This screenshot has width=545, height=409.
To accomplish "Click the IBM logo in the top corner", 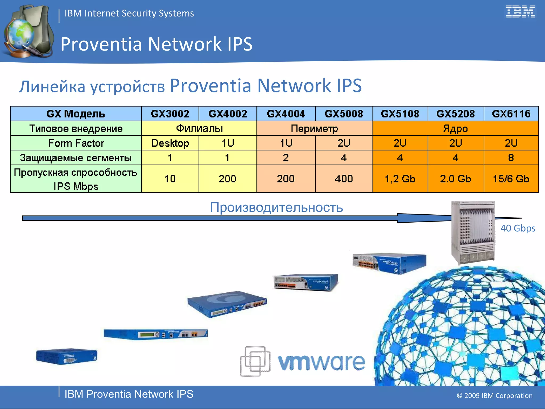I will coord(520,12).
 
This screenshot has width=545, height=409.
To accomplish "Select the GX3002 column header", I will coord(170,114).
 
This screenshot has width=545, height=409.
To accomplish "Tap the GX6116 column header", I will coord(511,114).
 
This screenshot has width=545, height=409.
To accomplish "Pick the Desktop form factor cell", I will coord(170,143).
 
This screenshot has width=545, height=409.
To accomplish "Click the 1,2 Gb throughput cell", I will coord(400,179).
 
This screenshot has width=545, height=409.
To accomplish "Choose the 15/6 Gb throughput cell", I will coord(511,179).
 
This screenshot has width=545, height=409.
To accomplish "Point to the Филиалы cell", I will coord(199,129).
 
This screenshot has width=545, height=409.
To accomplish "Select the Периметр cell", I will coord(314,129).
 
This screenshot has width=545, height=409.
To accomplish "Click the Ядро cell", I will coord(455,129).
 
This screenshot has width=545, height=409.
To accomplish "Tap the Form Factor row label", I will coord(76,143).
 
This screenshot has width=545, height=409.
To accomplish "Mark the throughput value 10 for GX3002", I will coord(170,179).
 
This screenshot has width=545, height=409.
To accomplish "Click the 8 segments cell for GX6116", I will coord(511,158).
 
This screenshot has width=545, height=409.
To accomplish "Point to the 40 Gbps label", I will coord(518,228).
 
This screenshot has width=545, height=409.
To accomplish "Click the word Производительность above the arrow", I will coord(276,207).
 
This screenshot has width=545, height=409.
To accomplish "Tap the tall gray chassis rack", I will coord(473,232).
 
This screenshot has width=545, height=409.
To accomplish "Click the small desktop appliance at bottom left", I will coord(67,356).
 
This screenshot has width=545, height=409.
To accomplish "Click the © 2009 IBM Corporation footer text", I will coord(494,395).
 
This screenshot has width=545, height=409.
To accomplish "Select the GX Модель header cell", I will coord(76,114).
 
